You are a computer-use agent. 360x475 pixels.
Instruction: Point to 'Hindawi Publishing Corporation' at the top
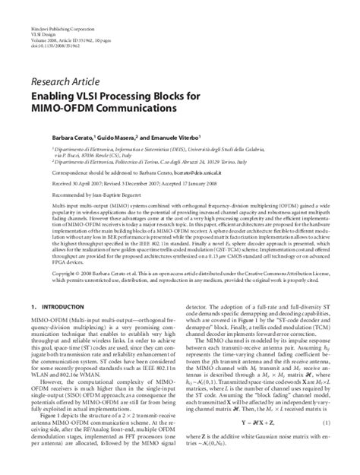[57, 6]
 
